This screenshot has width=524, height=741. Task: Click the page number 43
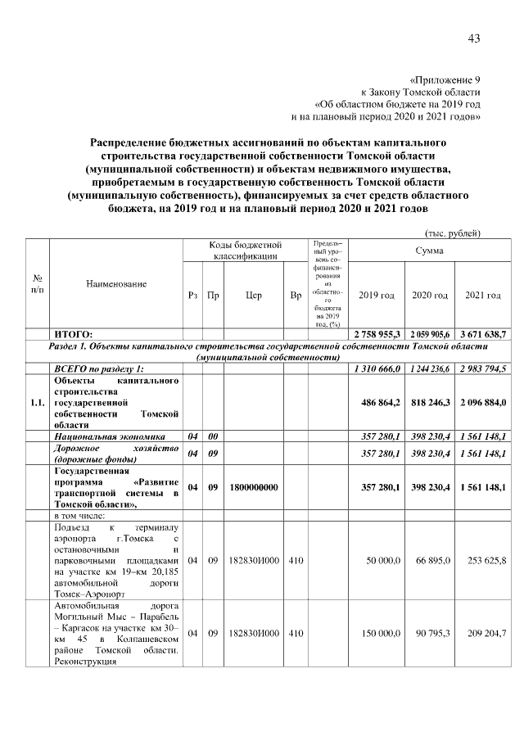(x=473, y=38)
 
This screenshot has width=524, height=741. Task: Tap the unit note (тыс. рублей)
(x=451, y=233)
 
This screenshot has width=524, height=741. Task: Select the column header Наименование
(x=116, y=283)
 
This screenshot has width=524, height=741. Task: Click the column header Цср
(x=254, y=295)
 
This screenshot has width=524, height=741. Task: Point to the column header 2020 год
(x=430, y=295)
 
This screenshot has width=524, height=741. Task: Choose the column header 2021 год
(x=483, y=295)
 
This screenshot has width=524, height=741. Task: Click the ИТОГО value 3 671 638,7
(x=483, y=334)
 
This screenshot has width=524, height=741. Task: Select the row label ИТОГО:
(x=73, y=334)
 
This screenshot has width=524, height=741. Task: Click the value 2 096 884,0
(x=483, y=403)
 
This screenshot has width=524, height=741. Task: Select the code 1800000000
(x=254, y=487)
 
